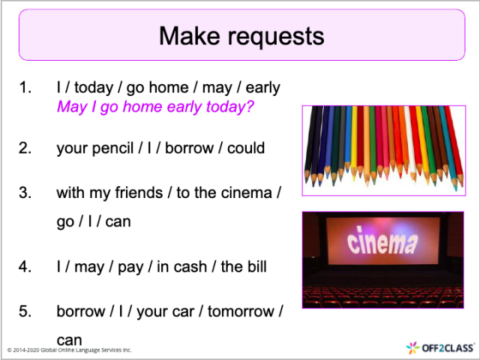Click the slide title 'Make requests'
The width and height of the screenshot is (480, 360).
(x=241, y=35)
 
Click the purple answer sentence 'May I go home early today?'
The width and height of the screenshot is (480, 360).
(x=156, y=107)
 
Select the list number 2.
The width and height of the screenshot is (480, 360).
(x=25, y=148)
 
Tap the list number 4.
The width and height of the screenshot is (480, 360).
(x=25, y=266)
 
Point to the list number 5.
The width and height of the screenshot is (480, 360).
(x=25, y=310)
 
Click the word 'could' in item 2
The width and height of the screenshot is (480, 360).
(x=245, y=148)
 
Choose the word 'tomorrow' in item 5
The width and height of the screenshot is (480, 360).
(x=238, y=310)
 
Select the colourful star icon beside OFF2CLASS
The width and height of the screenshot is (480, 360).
(x=413, y=347)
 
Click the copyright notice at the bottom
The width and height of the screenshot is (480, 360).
(x=69, y=350)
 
